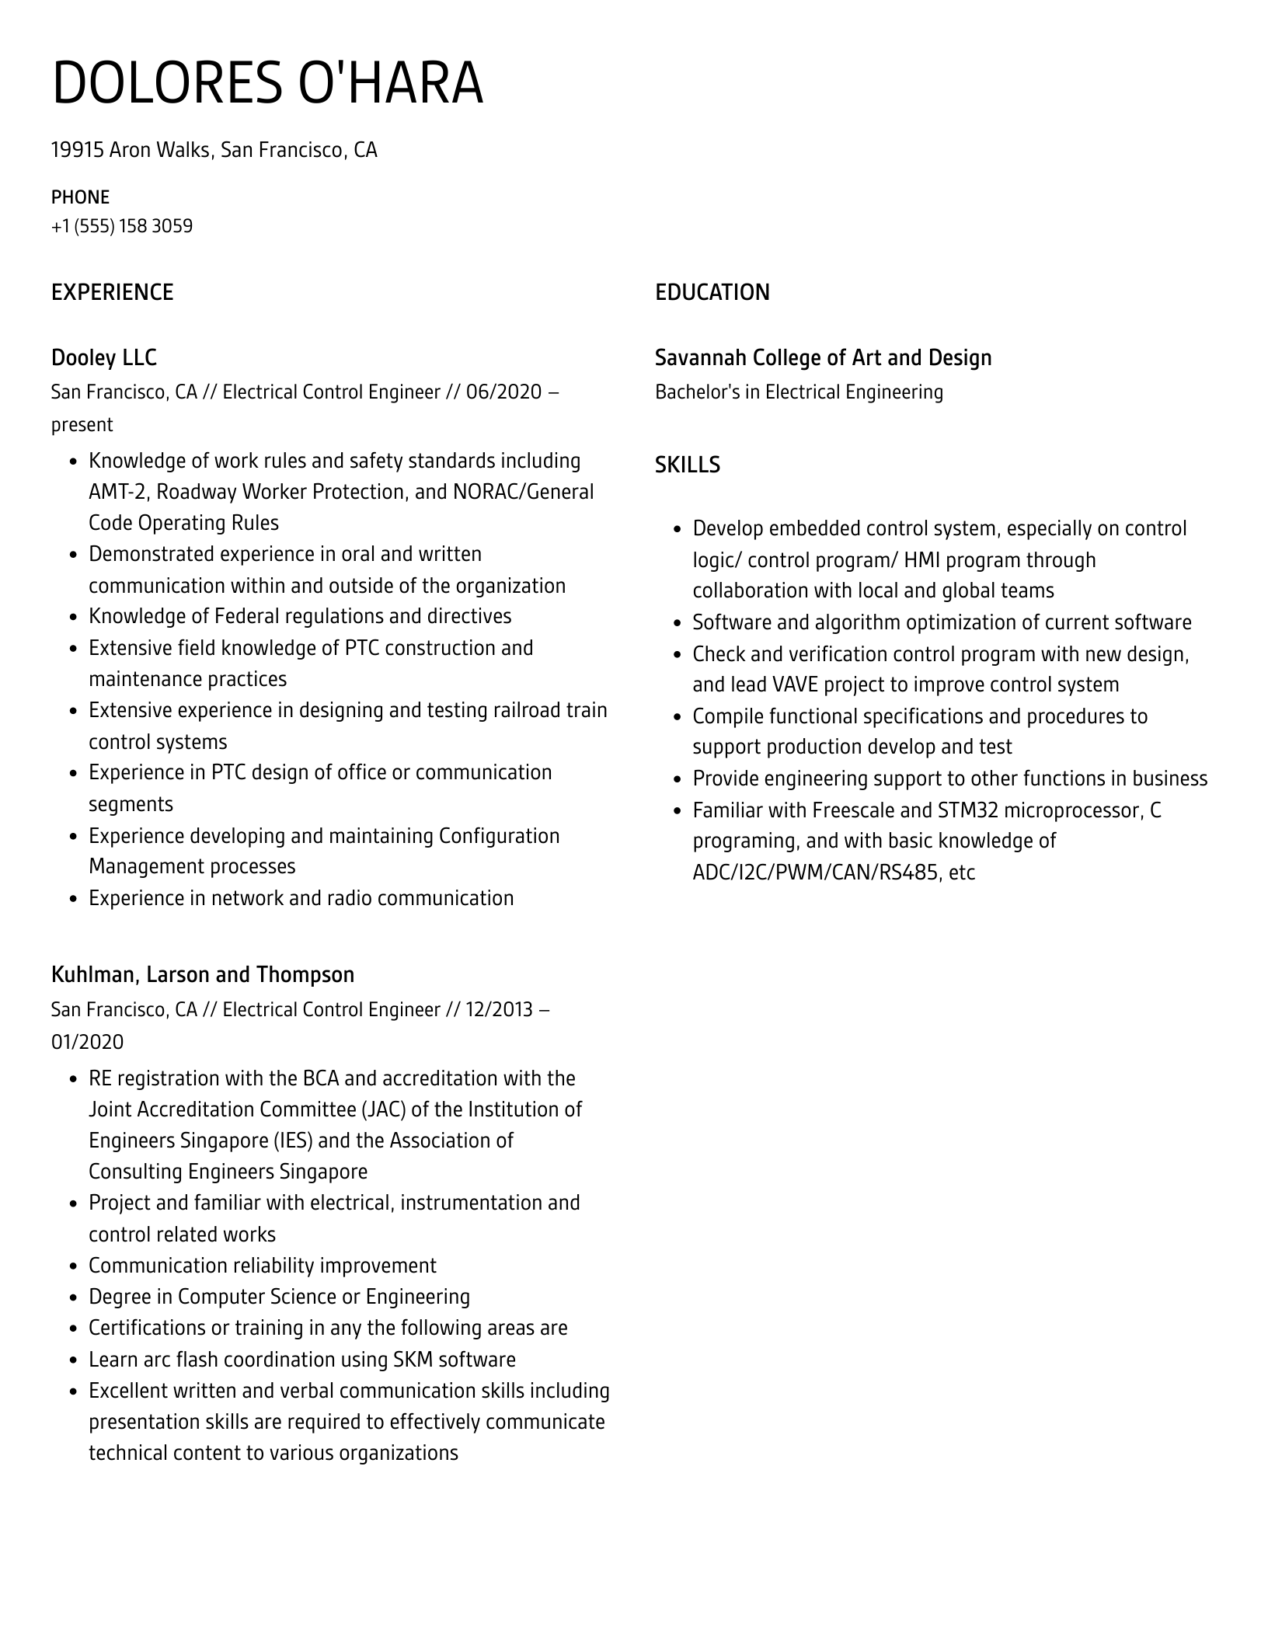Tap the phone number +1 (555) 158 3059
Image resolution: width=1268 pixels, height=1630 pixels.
click(x=122, y=226)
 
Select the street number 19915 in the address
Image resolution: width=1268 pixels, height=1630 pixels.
click(x=77, y=150)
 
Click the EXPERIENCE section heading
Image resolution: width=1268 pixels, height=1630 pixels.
click(x=113, y=292)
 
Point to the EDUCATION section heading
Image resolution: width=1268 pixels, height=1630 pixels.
click(x=712, y=292)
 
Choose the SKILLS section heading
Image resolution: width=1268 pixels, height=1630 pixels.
click(x=688, y=465)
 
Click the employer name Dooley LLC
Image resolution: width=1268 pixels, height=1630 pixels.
click(x=104, y=357)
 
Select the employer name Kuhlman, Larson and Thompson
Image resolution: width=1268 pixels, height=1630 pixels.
click(x=203, y=974)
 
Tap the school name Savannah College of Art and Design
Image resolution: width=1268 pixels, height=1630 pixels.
click(x=824, y=357)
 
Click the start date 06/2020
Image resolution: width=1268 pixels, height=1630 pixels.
click(x=503, y=392)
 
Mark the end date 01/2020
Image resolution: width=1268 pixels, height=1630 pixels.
click(x=87, y=1042)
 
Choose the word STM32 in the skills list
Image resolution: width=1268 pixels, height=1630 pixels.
click(x=967, y=810)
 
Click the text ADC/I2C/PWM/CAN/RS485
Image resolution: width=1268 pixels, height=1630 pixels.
click(x=815, y=872)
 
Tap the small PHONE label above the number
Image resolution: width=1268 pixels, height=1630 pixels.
click(x=81, y=197)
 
